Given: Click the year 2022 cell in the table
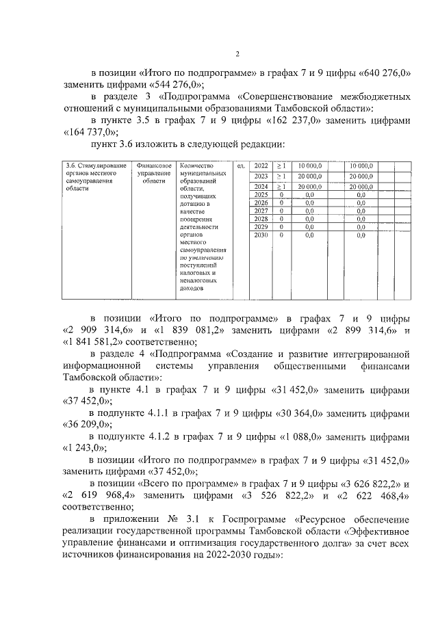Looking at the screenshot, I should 261,166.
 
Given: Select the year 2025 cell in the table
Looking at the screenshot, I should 261,195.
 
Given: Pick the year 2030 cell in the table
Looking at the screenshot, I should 261,235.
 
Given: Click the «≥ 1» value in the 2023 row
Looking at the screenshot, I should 281,176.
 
